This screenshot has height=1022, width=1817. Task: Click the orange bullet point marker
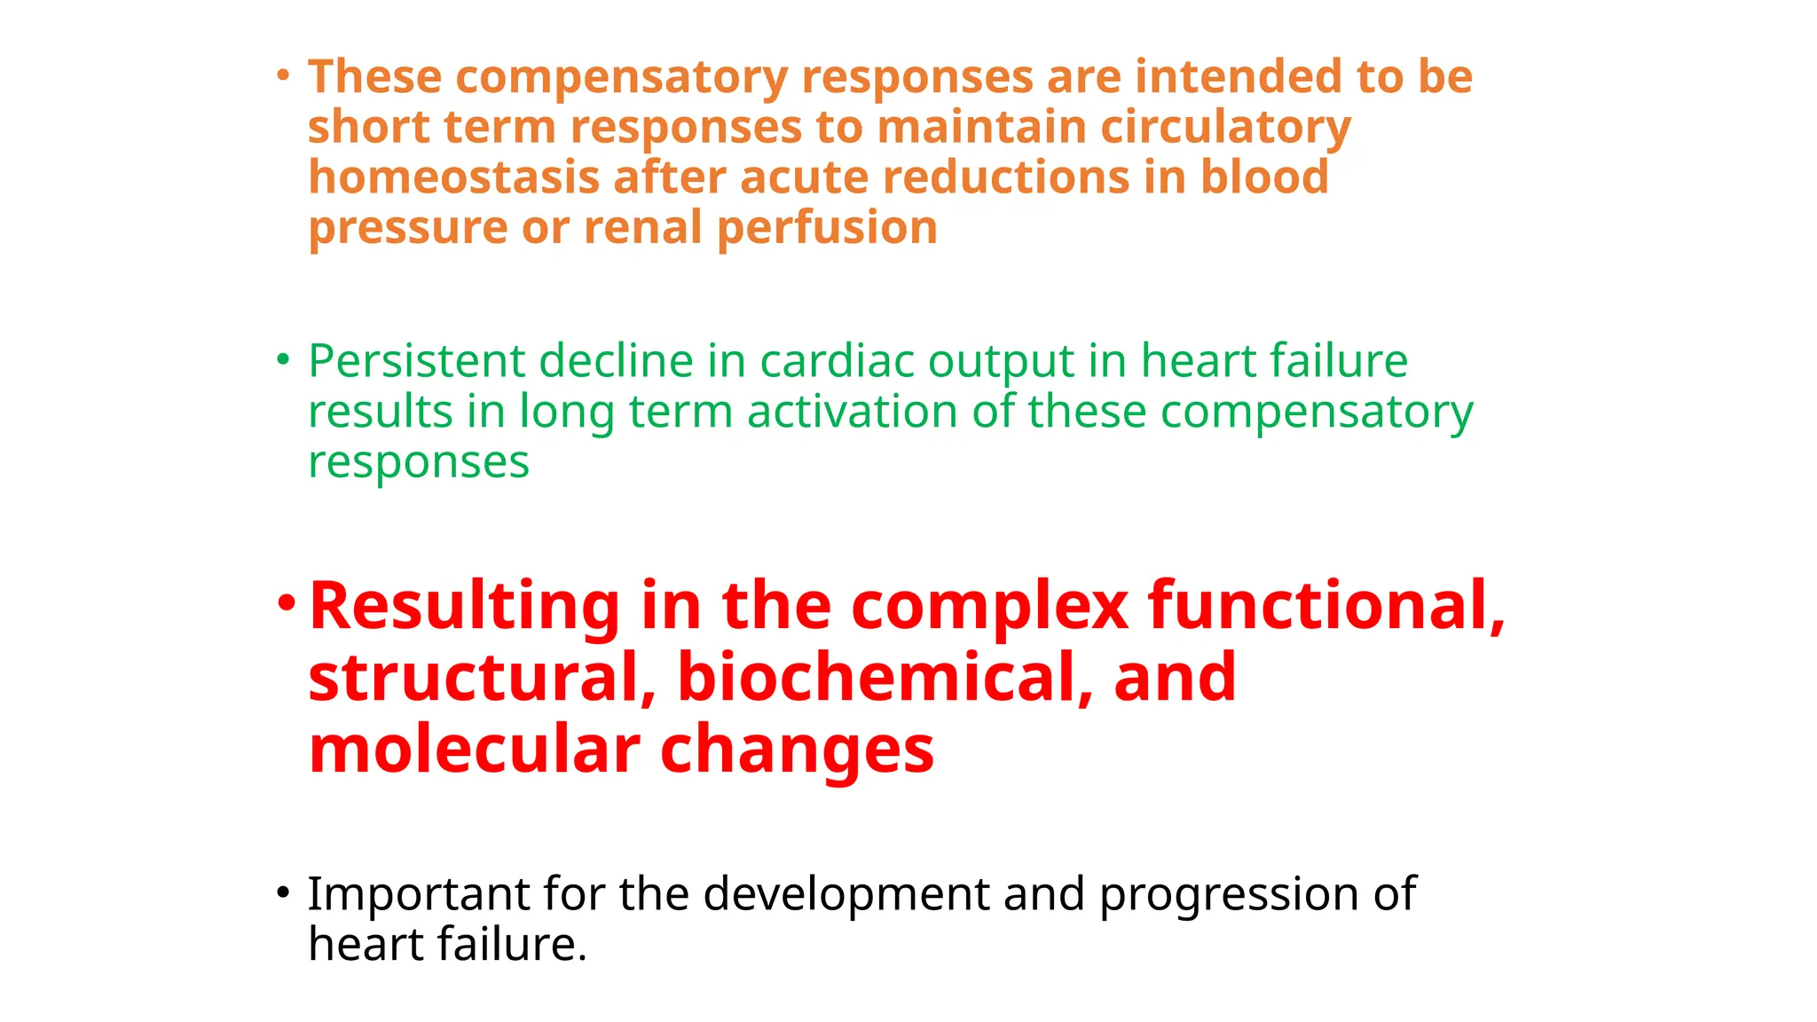[x=282, y=75]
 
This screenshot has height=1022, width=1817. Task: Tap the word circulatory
[x=1225, y=127]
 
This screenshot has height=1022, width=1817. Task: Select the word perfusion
[x=826, y=228]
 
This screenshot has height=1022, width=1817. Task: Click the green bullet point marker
[x=282, y=359]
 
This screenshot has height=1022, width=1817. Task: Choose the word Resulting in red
[x=463, y=606]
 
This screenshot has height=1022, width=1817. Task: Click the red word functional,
[x=1325, y=606]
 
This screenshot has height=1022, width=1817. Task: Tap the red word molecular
[x=474, y=750]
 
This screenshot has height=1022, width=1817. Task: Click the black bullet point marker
[x=282, y=892]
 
